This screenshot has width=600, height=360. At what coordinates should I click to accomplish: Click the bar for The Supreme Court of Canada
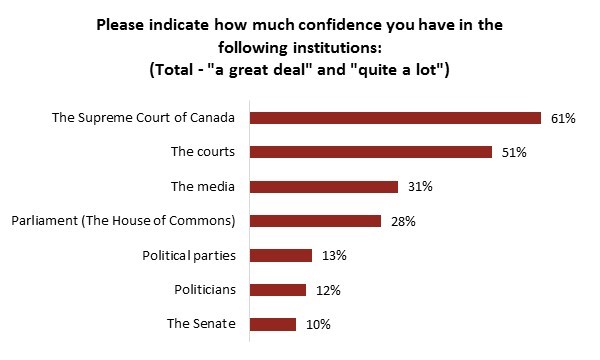pyautogui.click(x=394, y=118)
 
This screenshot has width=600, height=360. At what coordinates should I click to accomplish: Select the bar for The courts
pyautogui.click(x=370, y=152)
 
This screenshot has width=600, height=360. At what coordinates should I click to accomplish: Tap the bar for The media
pyautogui.click(x=323, y=187)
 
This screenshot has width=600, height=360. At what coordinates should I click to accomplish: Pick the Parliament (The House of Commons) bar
pyautogui.click(x=315, y=221)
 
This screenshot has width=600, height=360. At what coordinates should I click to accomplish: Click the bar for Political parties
pyautogui.click(x=280, y=255)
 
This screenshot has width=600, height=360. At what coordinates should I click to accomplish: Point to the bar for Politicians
pyautogui.click(x=277, y=290)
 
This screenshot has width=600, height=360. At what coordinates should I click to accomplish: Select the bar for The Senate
pyautogui.click(x=272, y=324)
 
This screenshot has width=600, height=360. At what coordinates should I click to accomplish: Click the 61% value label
pyautogui.click(x=562, y=118)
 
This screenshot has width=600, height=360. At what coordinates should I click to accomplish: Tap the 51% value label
pyautogui.click(x=514, y=152)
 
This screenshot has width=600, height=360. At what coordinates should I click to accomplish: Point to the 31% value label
pyautogui.click(x=420, y=187)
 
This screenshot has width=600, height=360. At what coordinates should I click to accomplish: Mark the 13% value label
pyautogui.click(x=335, y=255)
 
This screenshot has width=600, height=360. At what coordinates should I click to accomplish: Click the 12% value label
pyautogui.click(x=329, y=290)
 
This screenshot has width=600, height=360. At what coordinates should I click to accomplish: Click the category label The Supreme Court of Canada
pyautogui.click(x=143, y=118)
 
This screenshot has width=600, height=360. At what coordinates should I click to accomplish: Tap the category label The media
pyautogui.click(x=203, y=187)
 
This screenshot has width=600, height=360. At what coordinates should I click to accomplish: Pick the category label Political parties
pyautogui.click(x=188, y=255)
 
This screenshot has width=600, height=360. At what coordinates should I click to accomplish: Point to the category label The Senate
pyautogui.click(x=201, y=324)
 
